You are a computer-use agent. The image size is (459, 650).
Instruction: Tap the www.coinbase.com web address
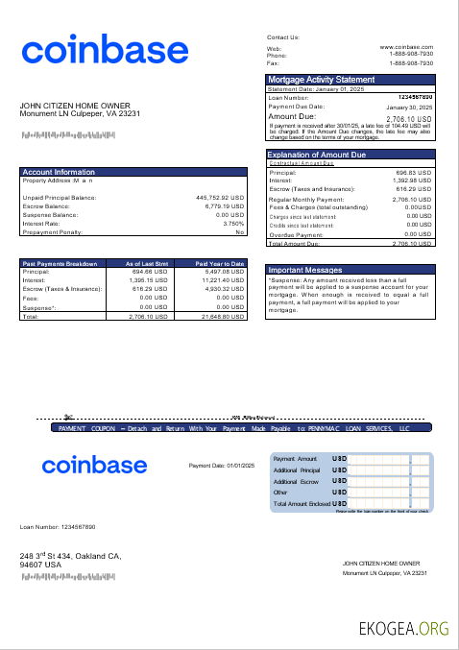coord(406,46)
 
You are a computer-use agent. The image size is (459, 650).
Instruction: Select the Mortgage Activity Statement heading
coord(321,80)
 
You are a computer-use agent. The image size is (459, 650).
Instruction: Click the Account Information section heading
coord(59,172)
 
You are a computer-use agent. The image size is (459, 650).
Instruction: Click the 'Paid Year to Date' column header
coord(220,263)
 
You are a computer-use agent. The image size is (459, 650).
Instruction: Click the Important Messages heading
coord(304,271)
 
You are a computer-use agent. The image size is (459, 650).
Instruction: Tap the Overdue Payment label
coord(297,234)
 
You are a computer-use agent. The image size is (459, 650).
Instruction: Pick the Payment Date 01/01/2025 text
coord(222,465)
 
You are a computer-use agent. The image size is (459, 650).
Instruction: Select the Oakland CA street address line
coord(70,556)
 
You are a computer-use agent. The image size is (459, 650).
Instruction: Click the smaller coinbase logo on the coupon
coord(93,466)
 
